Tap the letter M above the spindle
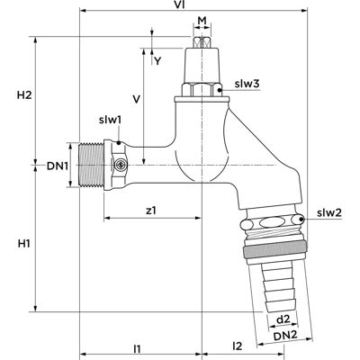click(202, 21)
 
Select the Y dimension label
click(157, 61)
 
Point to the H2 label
click(24, 95)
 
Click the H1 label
click(23, 244)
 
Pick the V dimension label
click(137, 99)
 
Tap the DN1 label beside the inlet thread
click(58, 166)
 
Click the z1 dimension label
click(151, 211)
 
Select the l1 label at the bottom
click(137, 348)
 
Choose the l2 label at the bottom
click(237, 346)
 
